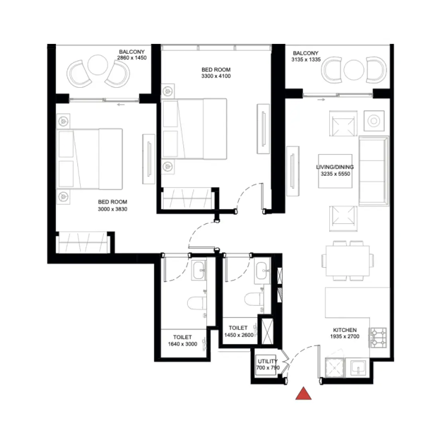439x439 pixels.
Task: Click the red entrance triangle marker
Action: pos(304,394)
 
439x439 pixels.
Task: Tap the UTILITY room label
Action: pos(267,361)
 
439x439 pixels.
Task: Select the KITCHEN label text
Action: pos(345,330)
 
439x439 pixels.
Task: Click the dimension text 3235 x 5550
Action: pos(335,174)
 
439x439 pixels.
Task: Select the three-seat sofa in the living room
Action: pos(374,171)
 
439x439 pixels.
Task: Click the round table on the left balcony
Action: pos(97,65)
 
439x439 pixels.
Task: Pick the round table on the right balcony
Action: pos(353,70)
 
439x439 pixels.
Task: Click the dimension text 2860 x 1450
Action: pos(132,58)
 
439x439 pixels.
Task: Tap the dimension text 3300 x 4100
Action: pos(216,76)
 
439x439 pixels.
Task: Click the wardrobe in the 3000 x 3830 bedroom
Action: pos(83,242)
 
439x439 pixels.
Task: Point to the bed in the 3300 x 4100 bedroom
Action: pos(195,129)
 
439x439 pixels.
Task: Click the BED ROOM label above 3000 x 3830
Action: pos(113,202)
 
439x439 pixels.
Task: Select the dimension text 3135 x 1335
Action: pos(306,59)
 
